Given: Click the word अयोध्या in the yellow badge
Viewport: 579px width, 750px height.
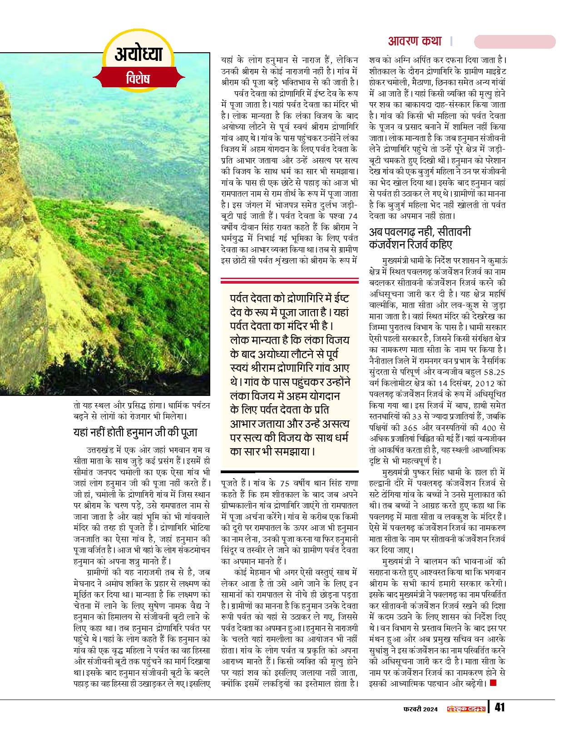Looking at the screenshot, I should (x=139, y=54).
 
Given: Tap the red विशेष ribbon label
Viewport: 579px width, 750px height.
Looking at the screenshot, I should (x=138, y=78).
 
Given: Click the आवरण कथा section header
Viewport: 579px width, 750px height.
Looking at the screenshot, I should (x=415, y=41).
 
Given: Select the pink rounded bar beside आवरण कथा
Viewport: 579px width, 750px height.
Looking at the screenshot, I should (x=515, y=42).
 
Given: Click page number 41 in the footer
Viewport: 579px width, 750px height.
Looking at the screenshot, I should (x=500, y=707).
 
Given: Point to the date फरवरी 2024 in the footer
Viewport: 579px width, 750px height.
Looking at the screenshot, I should (x=421, y=709).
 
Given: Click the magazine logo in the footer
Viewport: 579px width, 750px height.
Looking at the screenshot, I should (x=466, y=709).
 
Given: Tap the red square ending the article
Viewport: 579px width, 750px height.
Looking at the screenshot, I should (x=494, y=683).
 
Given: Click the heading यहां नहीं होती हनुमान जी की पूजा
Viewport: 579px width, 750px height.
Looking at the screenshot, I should (x=135, y=432).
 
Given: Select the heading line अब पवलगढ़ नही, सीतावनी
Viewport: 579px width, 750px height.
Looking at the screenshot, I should (x=420, y=232).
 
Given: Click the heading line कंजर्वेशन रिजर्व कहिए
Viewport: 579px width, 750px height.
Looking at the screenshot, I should (x=411, y=245).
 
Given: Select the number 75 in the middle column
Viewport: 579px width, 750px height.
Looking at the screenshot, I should (x=284, y=483).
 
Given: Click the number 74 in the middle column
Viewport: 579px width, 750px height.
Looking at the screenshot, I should (x=352, y=216).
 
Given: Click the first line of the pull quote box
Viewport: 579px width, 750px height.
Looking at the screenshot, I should (x=289, y=298).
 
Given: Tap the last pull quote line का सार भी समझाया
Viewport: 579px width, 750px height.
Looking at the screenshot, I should (x=272, y=451).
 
